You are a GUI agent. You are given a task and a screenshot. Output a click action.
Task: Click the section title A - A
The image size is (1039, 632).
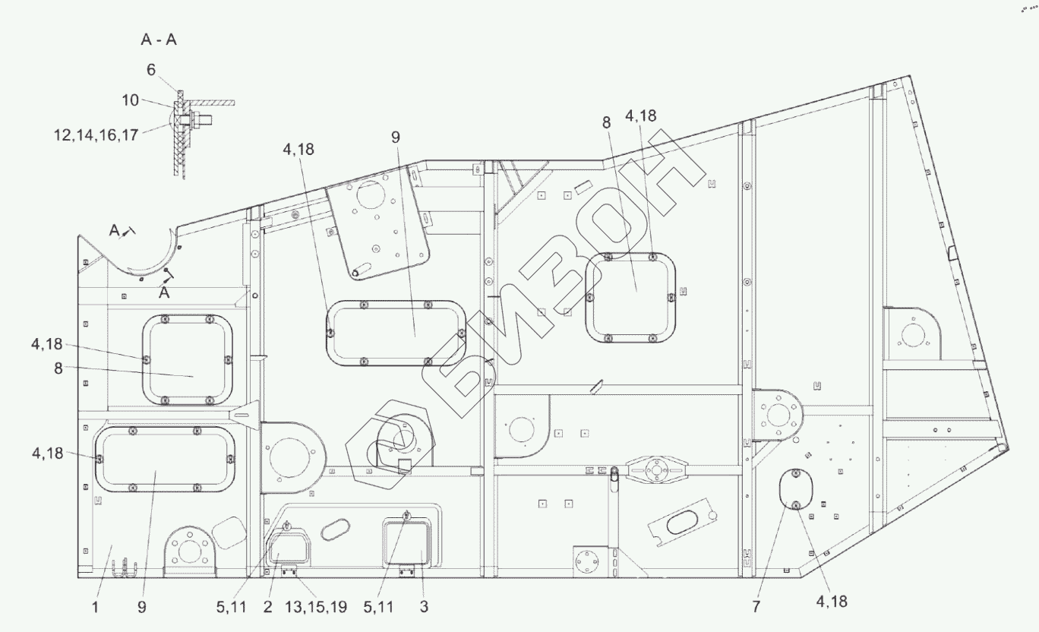click(x=159, y=40)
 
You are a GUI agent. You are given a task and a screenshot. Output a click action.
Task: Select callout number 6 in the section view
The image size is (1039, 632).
click(x=150, y=70)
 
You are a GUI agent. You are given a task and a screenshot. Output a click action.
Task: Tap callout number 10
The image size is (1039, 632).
click(x=131, y=100)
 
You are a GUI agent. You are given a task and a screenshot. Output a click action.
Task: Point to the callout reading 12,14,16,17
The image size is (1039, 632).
click(x=96, y=135)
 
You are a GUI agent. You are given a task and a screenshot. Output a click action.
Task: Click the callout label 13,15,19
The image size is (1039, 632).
click(x=315, y=607)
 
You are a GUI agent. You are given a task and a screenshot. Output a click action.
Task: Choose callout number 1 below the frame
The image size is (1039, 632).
click(x=95, y=607)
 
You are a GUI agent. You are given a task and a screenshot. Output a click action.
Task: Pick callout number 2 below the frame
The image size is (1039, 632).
click(x=267, y=607)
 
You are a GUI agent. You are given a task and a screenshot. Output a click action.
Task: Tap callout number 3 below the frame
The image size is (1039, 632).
click(x=424, y=607)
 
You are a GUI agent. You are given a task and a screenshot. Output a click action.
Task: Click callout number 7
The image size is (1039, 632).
click(x=756, y=607)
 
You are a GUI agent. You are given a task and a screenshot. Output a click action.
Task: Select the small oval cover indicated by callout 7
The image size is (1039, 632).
click(x=796, y=489)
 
